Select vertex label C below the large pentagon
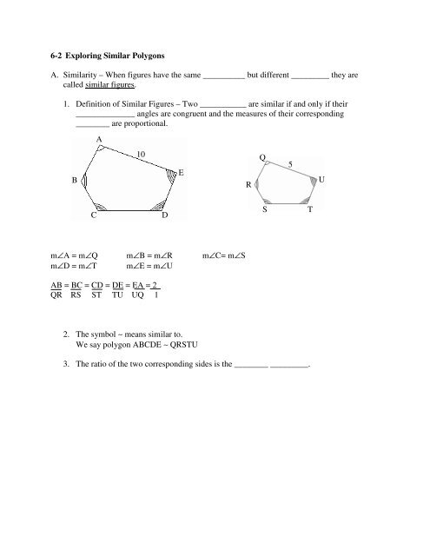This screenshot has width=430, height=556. pyautogui.click(x=93, y=215)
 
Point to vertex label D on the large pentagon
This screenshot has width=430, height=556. pyautogui.click(x=165, y=215)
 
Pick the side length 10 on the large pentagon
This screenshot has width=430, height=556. pyautogui.click(x=142, y=154)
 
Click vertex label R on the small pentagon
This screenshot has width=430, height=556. pyautogui.click(x=249, y=184)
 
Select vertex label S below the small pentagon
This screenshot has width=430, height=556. pyautogui.click(x=265, y=211)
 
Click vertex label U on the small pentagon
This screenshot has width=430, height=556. pyautogui.click(x=322, y=180)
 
